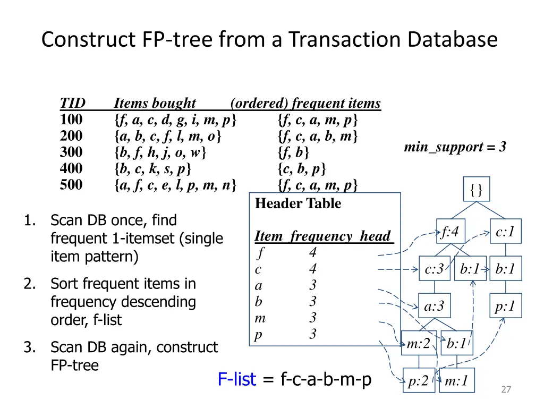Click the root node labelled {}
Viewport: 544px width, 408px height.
pos(477,190)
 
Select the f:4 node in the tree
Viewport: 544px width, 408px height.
pos(450,232)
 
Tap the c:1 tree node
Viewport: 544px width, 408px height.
pos(505,232)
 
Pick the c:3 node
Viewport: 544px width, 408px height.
pos(434,269)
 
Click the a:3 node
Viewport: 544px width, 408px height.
pos(434,306)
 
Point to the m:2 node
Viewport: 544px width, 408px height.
pos(418,343)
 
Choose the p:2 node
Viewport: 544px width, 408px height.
pos(418,381)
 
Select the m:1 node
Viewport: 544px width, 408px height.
pos(457,381)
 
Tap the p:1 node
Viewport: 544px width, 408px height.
pos(505,306)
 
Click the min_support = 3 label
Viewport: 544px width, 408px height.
pos(455,147)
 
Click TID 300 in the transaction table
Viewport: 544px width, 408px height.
pos(71,152)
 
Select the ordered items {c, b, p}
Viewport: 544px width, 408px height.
pos(302,169)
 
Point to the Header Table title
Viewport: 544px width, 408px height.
pos(298,203)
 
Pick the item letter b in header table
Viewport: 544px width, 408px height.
pos(258,302)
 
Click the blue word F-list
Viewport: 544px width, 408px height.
pos(236,379)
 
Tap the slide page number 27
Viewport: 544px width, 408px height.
pos(506,390)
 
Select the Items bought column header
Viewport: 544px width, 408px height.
pos(155,103)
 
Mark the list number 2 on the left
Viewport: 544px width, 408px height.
pos(29,284)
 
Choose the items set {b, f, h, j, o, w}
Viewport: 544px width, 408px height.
pos(160,152)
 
